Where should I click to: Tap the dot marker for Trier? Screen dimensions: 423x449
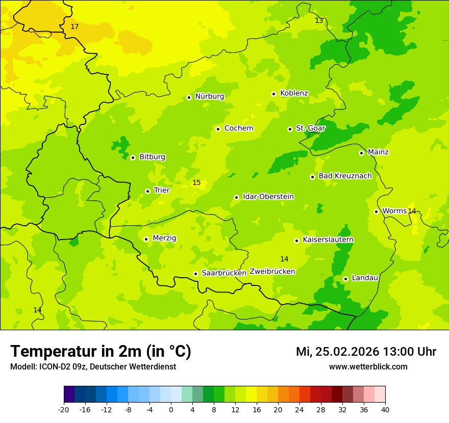click(x=147, y=191)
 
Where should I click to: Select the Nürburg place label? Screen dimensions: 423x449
click(x=209, y=96)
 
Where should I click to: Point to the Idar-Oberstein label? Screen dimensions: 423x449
click(x=268, y=197)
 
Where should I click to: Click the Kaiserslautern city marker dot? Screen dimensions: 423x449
click(x=296, y=241)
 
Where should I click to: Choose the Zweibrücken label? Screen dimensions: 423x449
click(x=272, y=272)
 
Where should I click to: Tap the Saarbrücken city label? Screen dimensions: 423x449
click(x=224, y=273)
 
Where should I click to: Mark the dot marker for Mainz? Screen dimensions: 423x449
click(x=361, y=153)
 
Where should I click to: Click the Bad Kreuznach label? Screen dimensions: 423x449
click(x=345, y=176)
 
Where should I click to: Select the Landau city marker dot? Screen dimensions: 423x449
click(x=345, y=279)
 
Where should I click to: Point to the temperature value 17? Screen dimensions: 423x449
click(x=74, y=27)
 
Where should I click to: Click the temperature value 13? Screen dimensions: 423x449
click(x=319, y=21)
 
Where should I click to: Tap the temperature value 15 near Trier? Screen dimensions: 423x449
click(x=196, y=183)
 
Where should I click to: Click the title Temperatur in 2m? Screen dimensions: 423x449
click(x=101, y=352)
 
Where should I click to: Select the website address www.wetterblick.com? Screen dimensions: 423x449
click(x=368, y=367)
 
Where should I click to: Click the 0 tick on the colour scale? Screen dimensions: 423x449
click(x=171, y=409)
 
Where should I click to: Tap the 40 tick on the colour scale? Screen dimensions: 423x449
click(x=385, y=409)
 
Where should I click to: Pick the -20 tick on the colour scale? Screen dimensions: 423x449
click(x=64, y=409)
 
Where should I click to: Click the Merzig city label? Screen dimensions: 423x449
click(x=164, y=239)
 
